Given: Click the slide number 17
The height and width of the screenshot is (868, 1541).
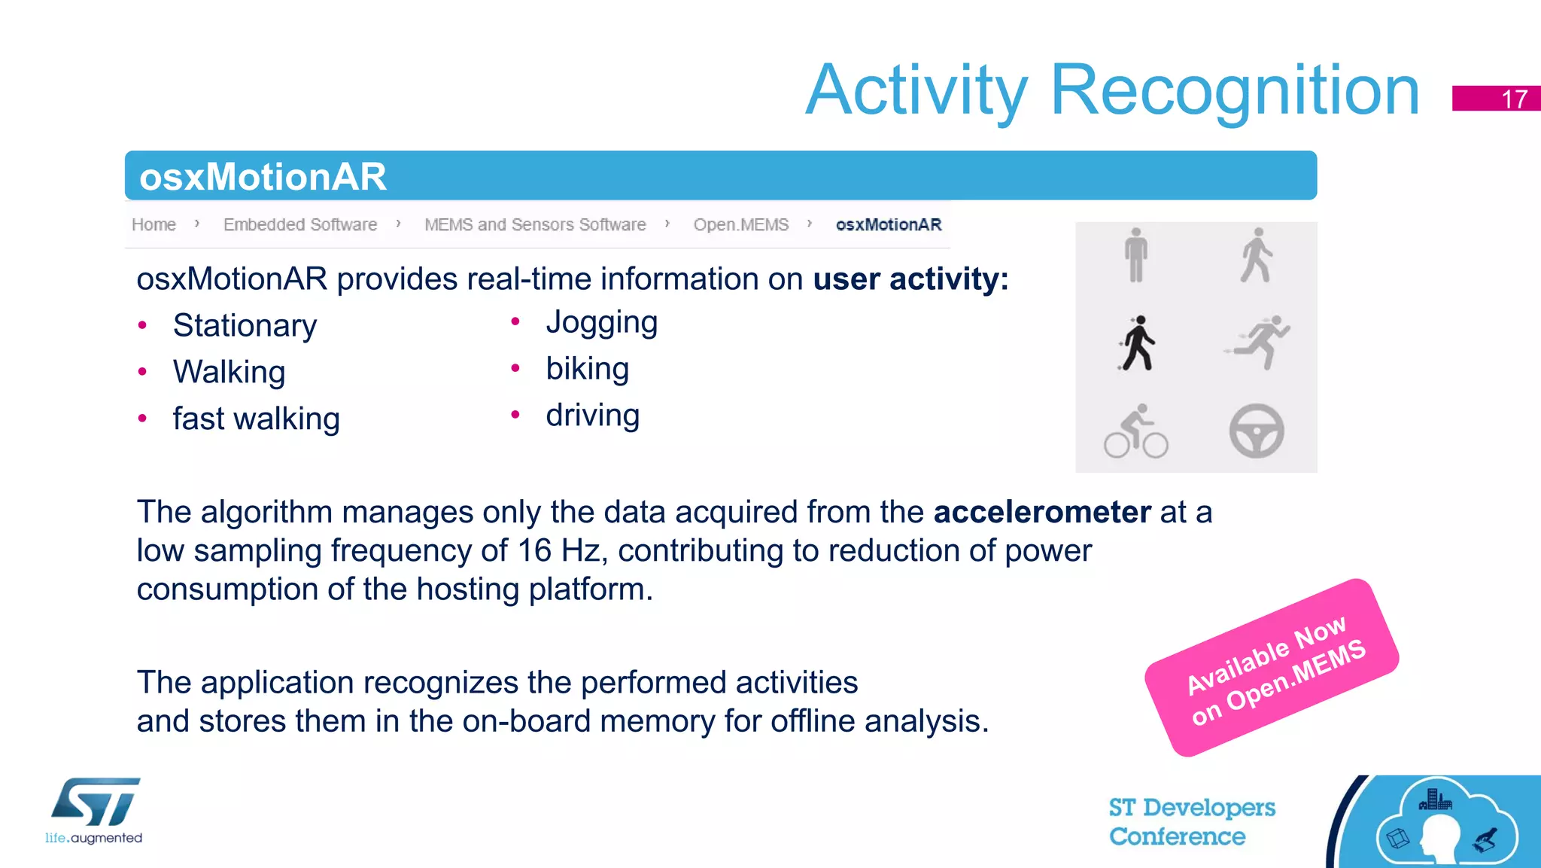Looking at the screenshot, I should [x=1513, y=99].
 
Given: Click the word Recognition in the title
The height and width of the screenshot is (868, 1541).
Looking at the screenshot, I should [x=1234, y=90].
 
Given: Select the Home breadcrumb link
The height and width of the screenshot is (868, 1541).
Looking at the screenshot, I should [x=153, y=224].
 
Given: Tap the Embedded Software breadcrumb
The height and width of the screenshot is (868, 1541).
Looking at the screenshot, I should [x=300, y=224].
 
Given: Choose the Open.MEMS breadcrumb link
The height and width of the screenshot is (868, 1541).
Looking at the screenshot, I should [x=740, y=224].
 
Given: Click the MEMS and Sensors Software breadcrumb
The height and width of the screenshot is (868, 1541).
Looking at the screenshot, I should [x=535, y=224].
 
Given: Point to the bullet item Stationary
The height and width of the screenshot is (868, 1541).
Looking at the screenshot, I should [x=245, y=325].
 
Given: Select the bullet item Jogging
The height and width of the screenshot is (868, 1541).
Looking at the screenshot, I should [x=601, y=322].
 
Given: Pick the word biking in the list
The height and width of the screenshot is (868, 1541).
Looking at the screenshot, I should [x=587, y=369].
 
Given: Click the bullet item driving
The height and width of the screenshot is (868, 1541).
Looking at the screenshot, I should [x=592, y=416].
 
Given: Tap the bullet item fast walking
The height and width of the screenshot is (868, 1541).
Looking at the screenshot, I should [x=256, y=419].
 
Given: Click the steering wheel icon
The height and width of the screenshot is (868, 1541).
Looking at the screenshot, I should [x=1256, y=431].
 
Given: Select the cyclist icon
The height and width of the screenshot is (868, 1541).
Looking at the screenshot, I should [x=1135, y=431].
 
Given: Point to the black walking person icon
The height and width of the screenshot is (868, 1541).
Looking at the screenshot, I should [x=1137, y=343].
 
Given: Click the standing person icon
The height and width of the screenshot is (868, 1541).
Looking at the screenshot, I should [x=1136, y=255].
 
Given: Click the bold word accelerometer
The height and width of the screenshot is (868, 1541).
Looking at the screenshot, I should [x=1041, y=512].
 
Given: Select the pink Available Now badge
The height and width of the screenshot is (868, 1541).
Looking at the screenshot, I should [x=1272, y=667].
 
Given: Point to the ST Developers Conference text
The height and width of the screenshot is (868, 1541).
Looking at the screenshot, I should [x=1191, y=821].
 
